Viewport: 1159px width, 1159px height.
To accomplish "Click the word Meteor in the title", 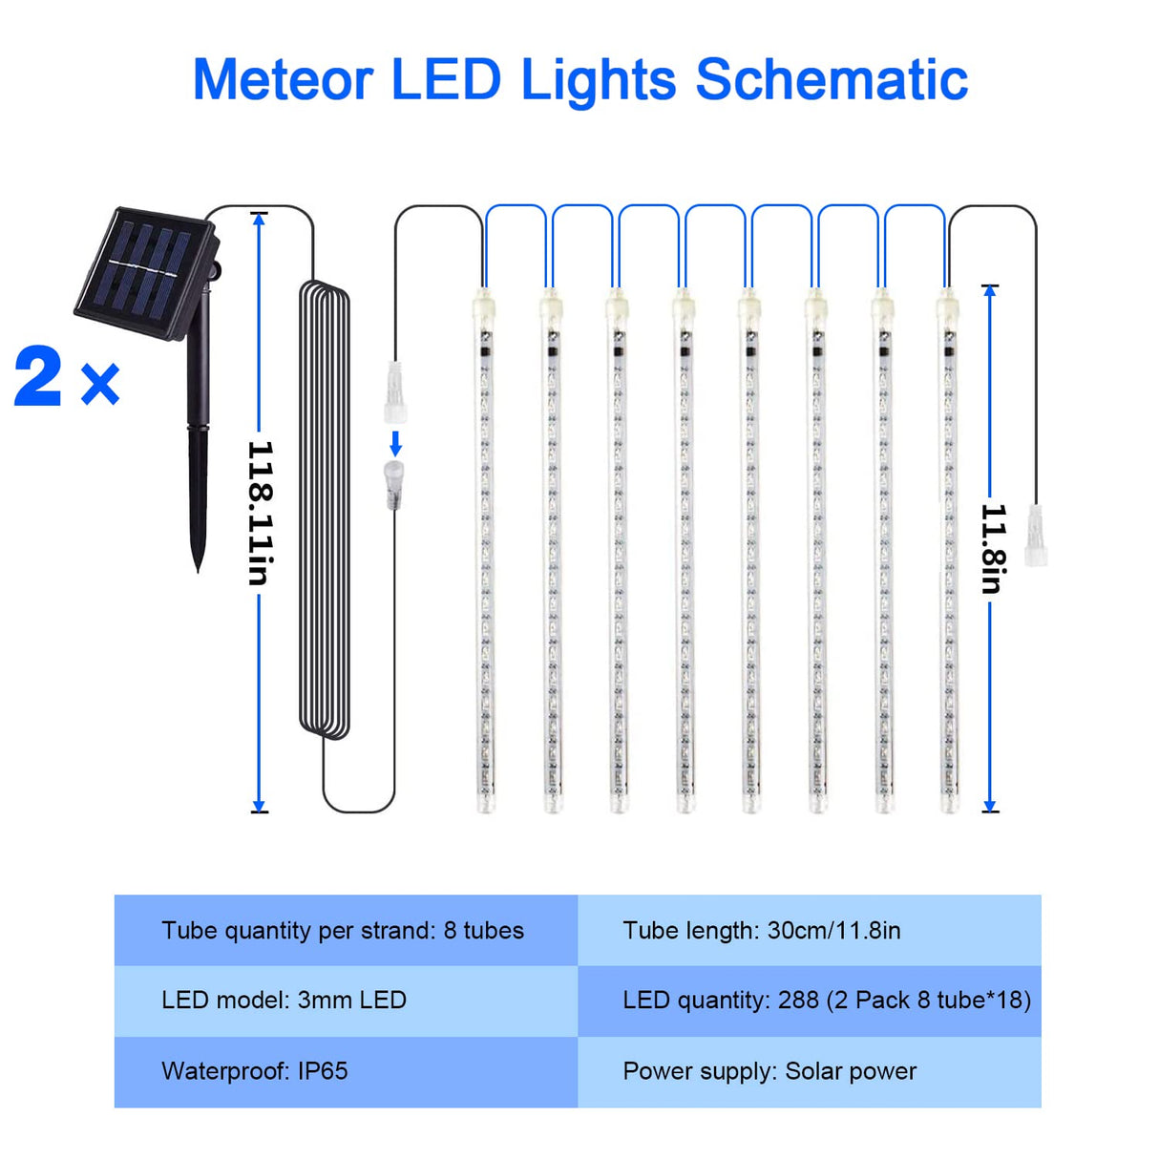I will (x=283, y=79).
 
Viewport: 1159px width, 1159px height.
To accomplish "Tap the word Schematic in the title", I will (x=832, y=79).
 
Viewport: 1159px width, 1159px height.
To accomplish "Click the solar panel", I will (x=144, y=271).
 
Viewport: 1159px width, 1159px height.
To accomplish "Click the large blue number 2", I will (x=39, y=378).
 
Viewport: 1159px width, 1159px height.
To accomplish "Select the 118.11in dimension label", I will (x=260, y=513).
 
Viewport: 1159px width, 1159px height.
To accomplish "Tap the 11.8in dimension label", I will (x=993, y=549).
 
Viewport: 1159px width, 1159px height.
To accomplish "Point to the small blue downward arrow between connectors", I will (x=395, y=443).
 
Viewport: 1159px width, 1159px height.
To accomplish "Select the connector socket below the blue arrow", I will (x=393, y=483).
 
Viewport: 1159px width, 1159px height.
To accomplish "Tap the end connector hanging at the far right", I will (x=1035, y=537).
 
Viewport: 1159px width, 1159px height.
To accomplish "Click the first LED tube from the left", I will (x=485, y=554).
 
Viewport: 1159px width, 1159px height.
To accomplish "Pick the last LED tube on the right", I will (x=948, y=554).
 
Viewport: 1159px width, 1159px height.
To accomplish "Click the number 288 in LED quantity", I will (x=798, y=1001).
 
